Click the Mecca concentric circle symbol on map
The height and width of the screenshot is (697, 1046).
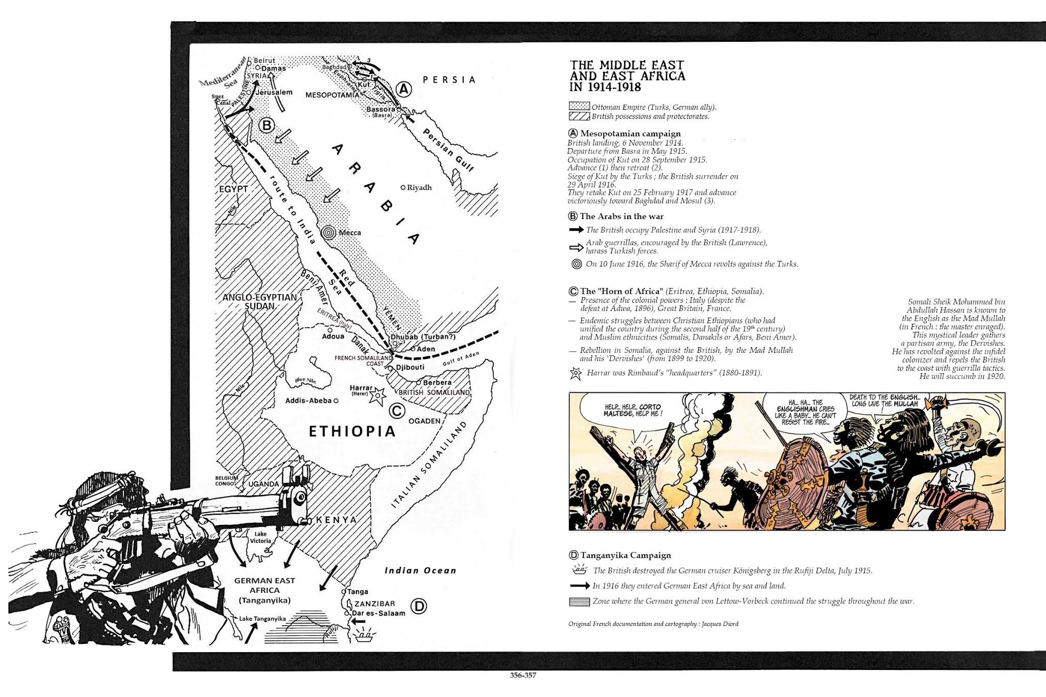[329, 233]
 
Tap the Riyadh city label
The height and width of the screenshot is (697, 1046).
[419, 187]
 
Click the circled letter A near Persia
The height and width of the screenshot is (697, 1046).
[403, 89]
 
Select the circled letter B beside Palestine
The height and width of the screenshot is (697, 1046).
[267, 125]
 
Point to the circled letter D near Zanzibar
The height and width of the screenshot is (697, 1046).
[418, 606]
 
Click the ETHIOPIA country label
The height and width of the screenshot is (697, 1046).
[352, 431]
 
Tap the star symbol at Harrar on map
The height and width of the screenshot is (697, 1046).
[377, 395]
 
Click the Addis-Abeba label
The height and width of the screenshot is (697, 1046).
[308, 401]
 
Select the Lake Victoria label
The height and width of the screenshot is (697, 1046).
[260, 537]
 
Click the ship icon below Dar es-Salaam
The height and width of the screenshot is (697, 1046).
[364, 636]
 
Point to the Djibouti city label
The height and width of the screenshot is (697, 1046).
[410, 367]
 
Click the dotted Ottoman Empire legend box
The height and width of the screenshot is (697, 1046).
[579, 107]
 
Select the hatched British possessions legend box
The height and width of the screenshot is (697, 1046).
[579, 116]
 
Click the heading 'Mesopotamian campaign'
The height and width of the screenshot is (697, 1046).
[630, 133]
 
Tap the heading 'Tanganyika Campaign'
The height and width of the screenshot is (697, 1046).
[625, 555]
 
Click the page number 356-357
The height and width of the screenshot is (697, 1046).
[523, 675]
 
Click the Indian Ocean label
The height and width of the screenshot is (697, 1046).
[420, 570]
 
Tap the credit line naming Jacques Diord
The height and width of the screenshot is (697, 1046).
[653, 624]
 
